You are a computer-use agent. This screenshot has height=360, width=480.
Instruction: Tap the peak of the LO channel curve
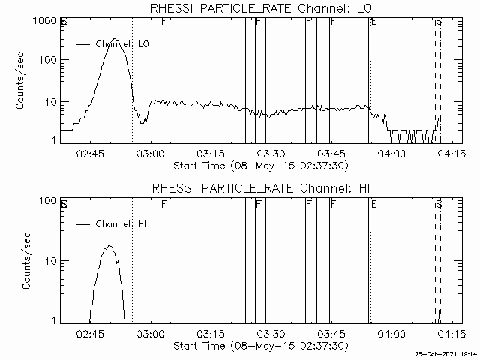point(114,39)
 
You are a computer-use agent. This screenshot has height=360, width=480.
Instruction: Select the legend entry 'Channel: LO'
point(122,44)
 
